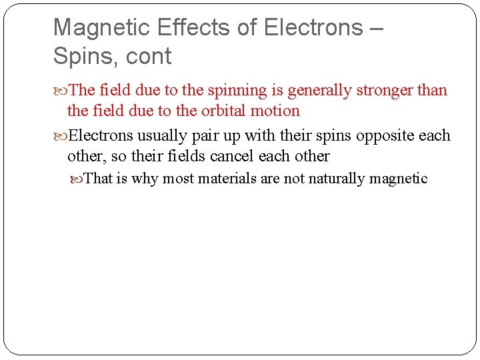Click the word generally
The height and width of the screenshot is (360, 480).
(313, 90)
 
